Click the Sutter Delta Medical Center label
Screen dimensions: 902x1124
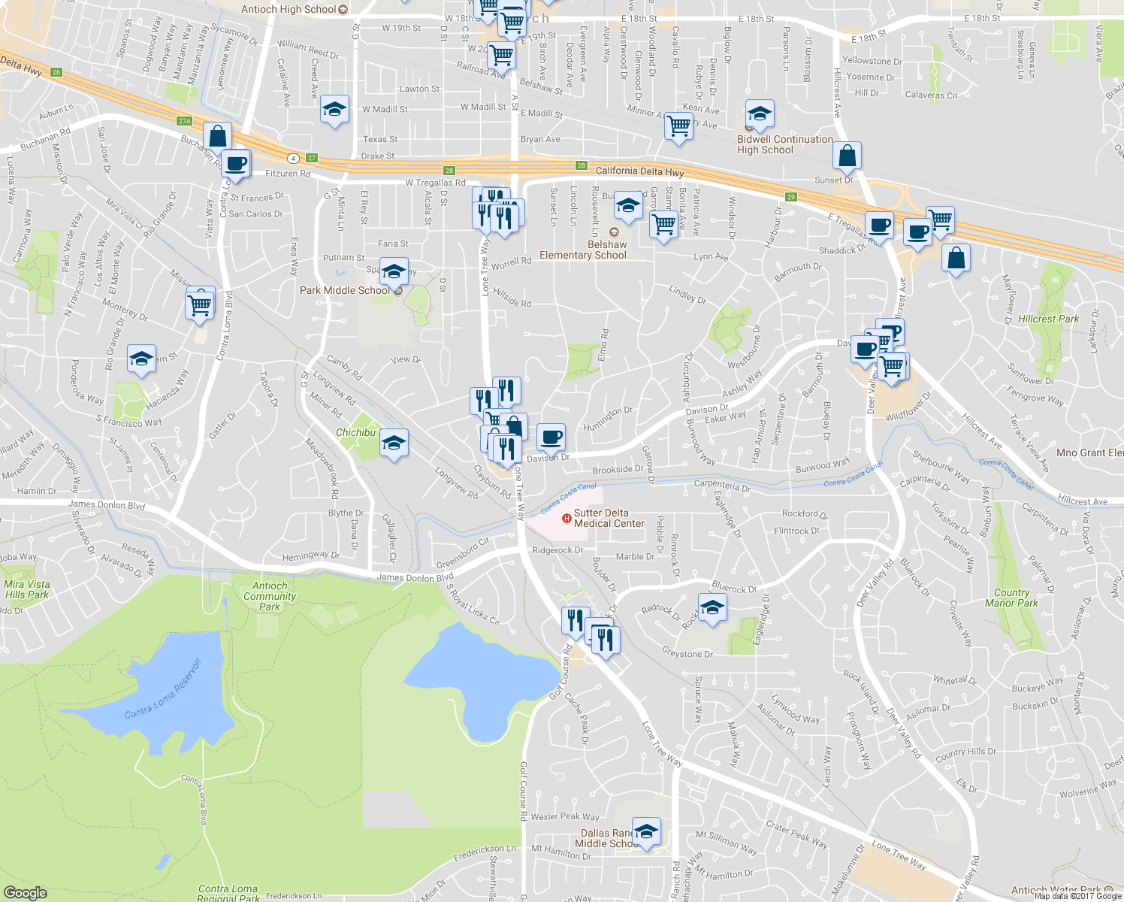(x=609, y=518)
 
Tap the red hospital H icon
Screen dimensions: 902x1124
(x=567, y=518)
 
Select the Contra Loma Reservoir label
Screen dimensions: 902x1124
(x=164, y=689)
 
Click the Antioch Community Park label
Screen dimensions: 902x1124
(x=270, y=596)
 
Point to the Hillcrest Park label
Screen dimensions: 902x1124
(x=1048, y=319)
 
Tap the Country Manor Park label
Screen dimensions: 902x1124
(x=1011, y=598)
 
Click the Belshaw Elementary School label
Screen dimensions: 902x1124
(x=583, y=250)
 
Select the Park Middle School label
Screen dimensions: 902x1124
(x=345, y=290)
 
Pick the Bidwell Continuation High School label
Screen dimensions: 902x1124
(x=784, y=144)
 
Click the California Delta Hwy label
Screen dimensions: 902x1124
(x=639, y=171)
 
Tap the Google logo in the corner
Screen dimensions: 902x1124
(x=25, y=892)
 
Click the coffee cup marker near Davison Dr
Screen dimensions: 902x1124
(x=551, y=437)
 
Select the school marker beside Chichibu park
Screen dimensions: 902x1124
(x=394, y=442)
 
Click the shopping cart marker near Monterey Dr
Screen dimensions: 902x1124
(x=200, y=304)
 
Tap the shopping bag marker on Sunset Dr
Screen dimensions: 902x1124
(x=847, y=156)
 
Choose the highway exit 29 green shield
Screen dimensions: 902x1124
(x=791, y=197)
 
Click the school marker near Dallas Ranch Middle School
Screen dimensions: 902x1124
(x=646, y=831)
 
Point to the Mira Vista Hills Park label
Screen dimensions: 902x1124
(x=27, y=589)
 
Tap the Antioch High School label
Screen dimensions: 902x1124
(x=289, y=9)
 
